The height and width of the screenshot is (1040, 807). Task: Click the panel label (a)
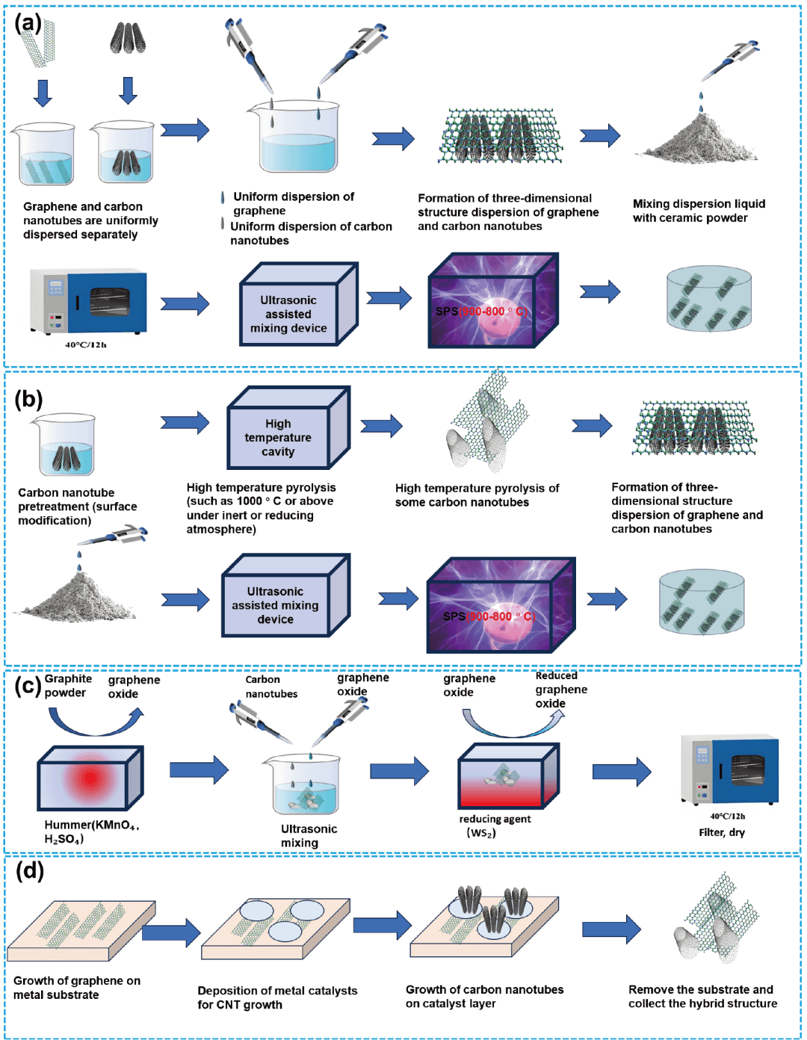point(28,23)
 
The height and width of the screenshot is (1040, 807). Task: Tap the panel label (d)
point(29,870)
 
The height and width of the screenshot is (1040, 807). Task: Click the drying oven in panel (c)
point(730,770)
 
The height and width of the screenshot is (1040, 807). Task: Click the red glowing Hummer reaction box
point(90,779)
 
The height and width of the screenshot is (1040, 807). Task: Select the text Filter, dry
point(722,832)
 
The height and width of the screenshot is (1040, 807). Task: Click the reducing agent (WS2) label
point(494,826)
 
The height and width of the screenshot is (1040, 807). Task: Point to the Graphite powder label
point(67,686)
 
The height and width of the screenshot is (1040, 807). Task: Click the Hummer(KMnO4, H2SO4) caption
point(91,832)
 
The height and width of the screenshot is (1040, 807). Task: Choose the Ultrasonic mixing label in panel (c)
point(309,836)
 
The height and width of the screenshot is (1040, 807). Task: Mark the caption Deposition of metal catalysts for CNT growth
point(277,997)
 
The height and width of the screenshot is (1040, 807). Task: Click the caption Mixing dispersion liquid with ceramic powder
point(699,211)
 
